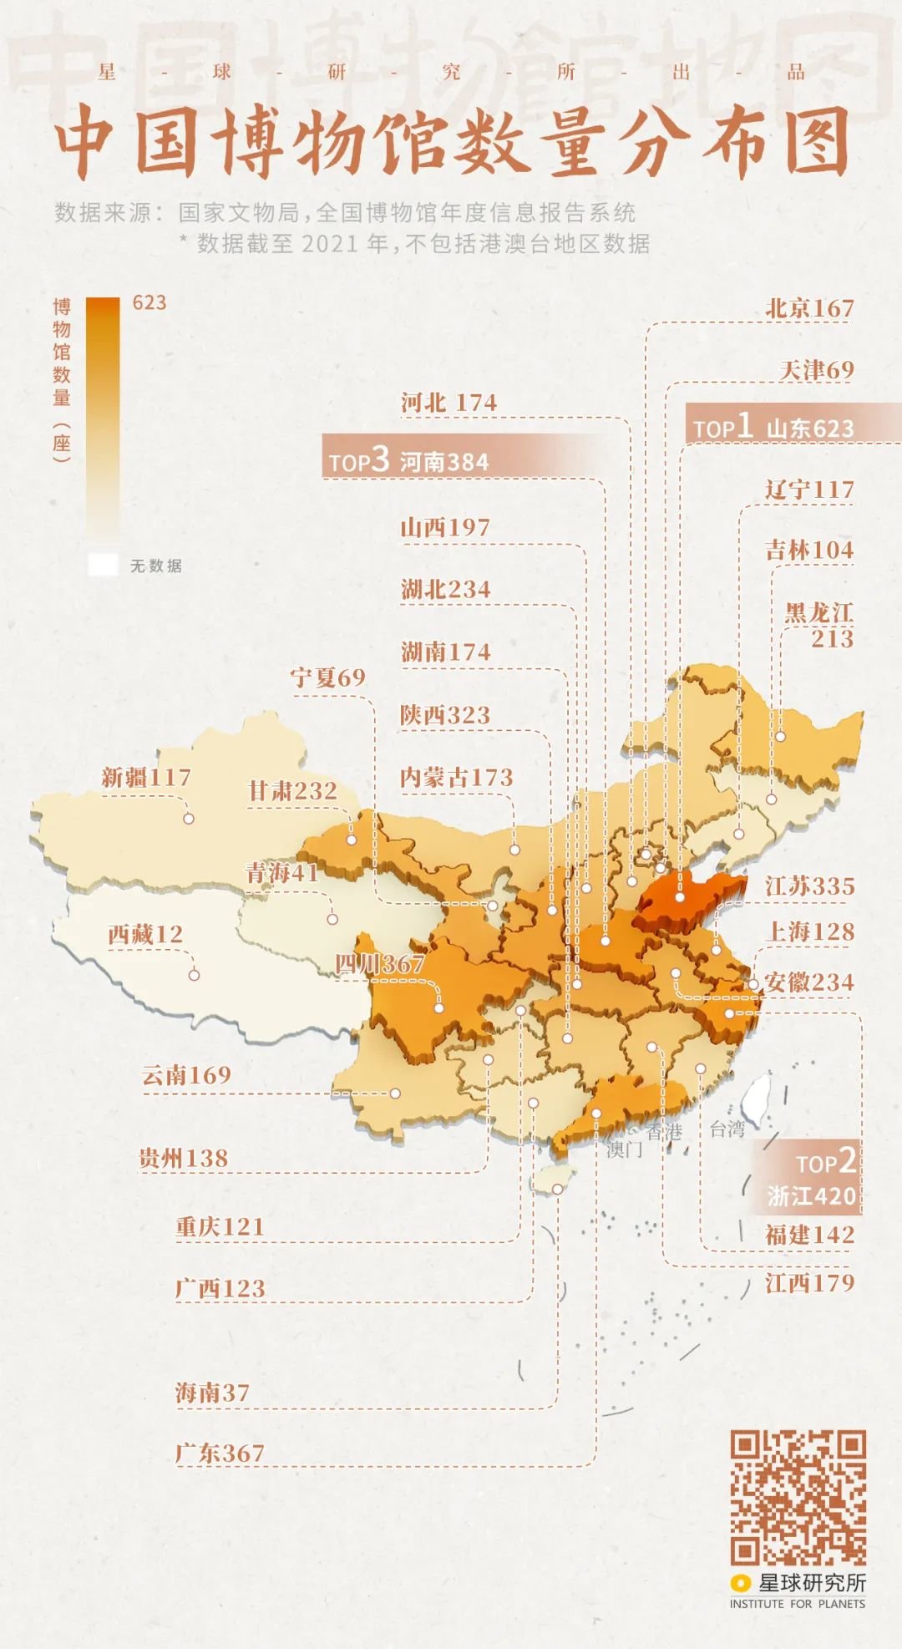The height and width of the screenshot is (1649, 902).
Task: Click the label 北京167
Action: coord(809,308)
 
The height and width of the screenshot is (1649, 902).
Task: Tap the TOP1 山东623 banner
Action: coord(773,427)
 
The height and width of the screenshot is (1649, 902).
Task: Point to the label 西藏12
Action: coord(145,934)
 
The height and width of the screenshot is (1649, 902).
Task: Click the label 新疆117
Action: coord(146,778)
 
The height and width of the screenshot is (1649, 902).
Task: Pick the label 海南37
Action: coord(212,1393)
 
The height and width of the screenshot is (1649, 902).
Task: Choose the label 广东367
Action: coord(220,1454)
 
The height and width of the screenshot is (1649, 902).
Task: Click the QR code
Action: coord(798,1497)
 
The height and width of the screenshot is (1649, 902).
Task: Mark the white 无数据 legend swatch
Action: coord(103,566)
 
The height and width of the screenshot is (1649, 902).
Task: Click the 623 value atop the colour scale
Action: coord(149,302)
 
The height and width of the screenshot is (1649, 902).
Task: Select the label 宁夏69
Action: coord(328,677)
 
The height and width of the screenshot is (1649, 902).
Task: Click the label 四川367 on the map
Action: coord(380,964)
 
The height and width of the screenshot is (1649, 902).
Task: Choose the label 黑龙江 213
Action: coord(819,625)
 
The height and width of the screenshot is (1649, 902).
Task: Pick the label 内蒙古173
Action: coord(456,778)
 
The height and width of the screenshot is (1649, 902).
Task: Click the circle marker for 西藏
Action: coord(194,975)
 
